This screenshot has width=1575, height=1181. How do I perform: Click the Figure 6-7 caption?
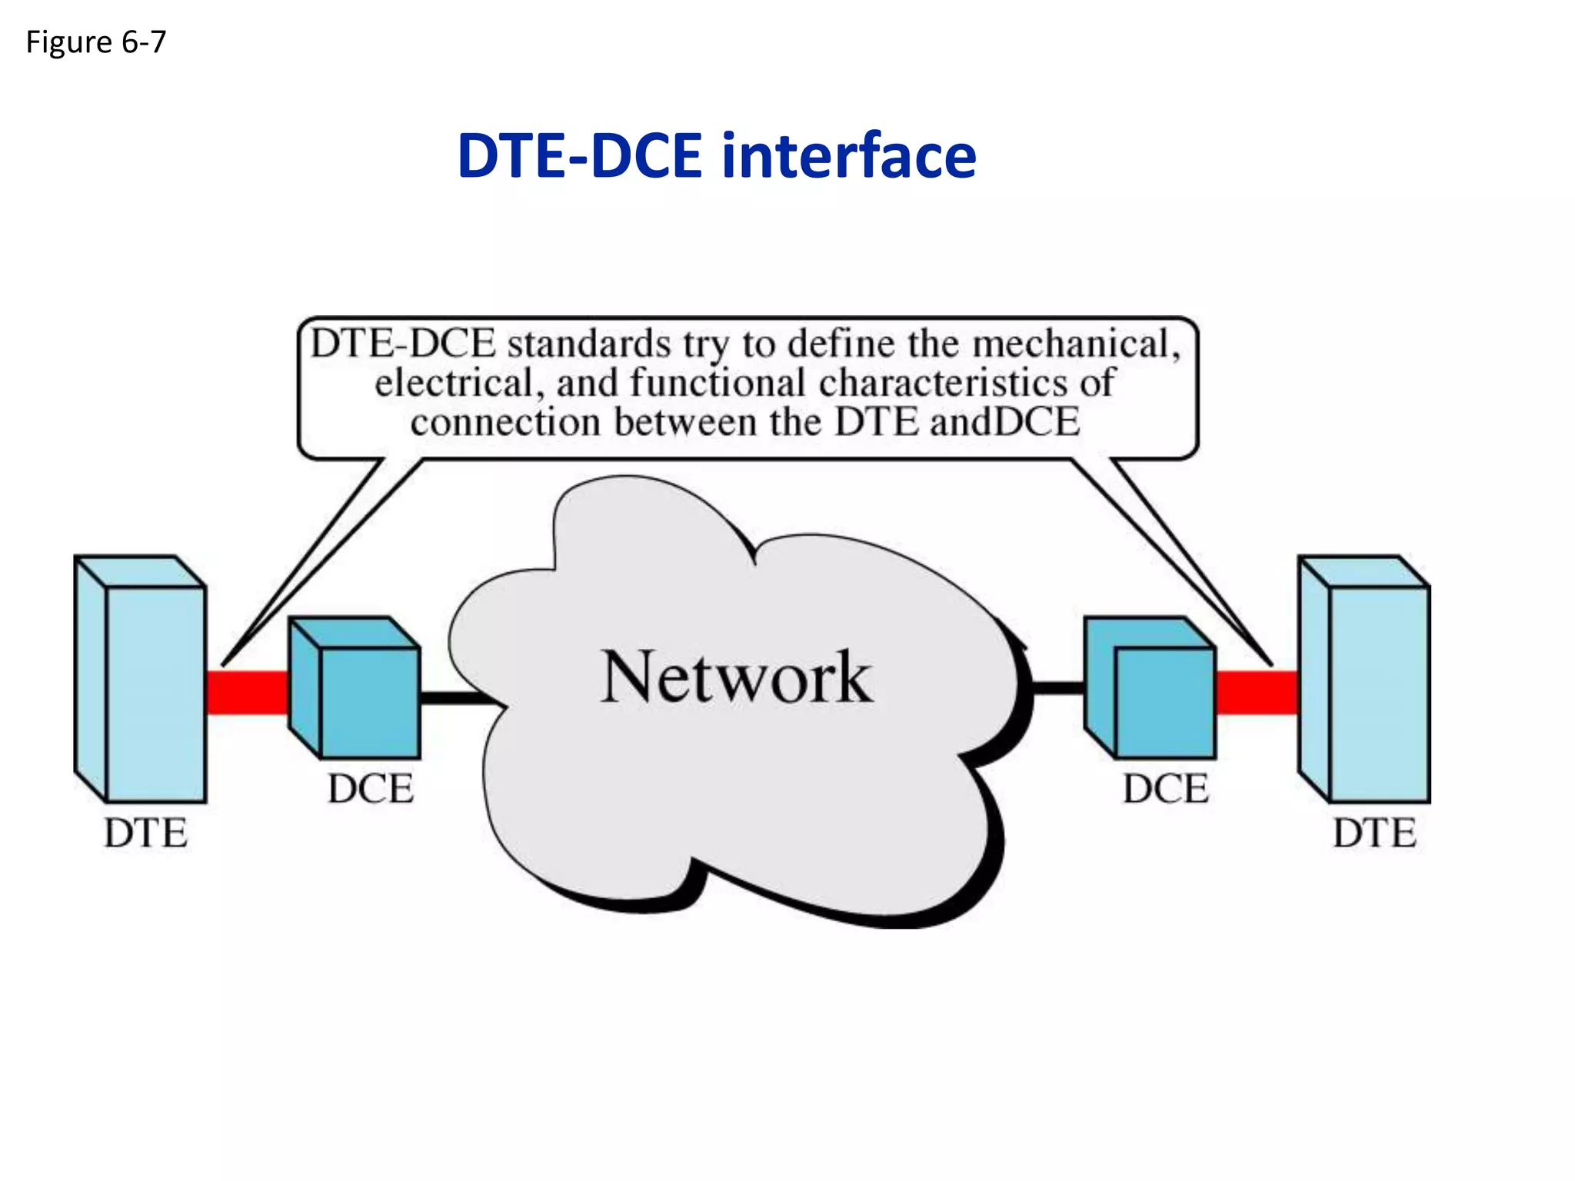95,42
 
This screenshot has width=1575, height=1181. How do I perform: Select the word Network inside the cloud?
736,677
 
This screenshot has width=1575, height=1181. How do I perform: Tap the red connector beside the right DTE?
1257,693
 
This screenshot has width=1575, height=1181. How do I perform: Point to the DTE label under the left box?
145,833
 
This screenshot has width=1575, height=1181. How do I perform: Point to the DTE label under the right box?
1374,833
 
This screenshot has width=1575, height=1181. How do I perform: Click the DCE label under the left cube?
371,789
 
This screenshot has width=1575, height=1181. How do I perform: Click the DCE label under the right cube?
1166,789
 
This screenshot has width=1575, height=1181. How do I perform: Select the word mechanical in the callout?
1073,344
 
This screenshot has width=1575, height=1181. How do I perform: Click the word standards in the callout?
589,344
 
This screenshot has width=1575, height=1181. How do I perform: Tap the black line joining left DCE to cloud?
458,697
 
